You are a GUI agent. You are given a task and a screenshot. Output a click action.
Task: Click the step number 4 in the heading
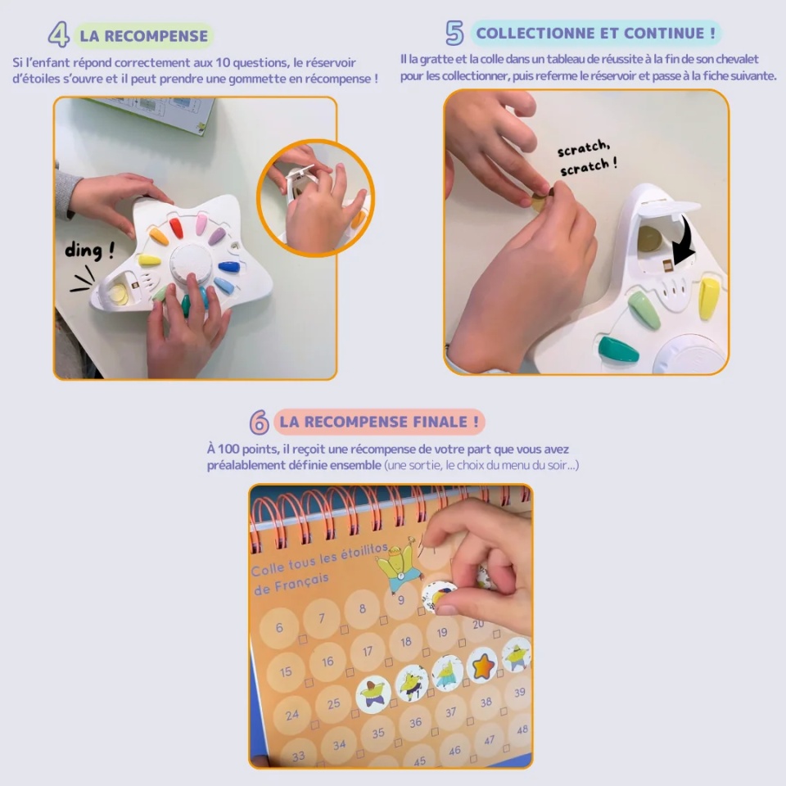pos(58,35)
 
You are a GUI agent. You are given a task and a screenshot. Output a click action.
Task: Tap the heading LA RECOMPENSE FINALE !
pos(379,422)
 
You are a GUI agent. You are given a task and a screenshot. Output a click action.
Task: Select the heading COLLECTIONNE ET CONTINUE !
pos(596,34)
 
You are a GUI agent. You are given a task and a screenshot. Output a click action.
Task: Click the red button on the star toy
pos(176,227)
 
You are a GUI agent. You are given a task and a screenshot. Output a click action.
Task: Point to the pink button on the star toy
pos(201,223)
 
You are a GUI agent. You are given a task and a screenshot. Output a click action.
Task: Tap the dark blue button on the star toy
pos(230,267)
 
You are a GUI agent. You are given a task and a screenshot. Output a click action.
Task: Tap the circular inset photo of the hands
pos(315,197)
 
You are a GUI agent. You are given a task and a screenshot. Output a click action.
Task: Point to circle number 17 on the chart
pos(368,652)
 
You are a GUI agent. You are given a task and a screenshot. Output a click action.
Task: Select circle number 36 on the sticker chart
pos(416,722)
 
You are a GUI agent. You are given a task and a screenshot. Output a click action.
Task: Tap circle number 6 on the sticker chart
pos(280,628)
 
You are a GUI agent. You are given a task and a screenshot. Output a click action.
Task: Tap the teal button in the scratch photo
pos(618,350)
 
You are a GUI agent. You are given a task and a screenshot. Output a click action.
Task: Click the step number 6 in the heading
pos(259,422)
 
